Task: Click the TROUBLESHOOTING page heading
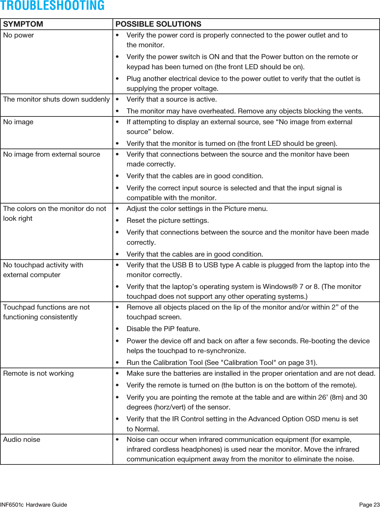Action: (x=52, y=6)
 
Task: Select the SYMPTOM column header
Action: (x=23, y=24)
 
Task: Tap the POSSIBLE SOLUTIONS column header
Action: (x=158, y=24)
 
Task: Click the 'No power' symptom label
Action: (x=19, y=35)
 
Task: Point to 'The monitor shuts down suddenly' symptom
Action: (x=56, y=99)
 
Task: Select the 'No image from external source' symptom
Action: (x=52, y=154)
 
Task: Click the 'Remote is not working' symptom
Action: (x=39, y=373)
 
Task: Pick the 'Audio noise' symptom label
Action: (x=22, y=439)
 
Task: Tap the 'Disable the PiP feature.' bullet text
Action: (x=163, y=329)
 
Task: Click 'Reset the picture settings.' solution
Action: (x=168, y=220)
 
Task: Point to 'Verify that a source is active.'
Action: (x=172, y=99)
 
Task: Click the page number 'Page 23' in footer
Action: (x=369, y=505)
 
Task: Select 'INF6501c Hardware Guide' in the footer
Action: (x=34, y=505)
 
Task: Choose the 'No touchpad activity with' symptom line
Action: (x=43, y=265)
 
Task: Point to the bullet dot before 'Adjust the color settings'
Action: (x=117, y=209)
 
